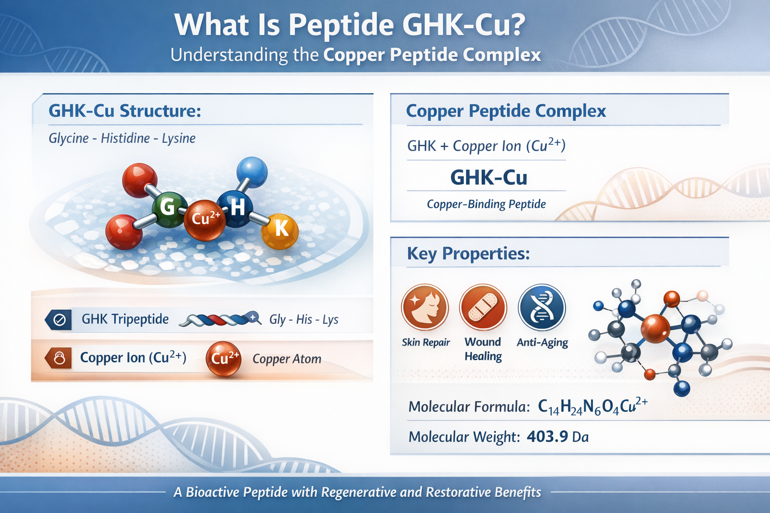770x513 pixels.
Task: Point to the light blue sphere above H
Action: pyautogui.click(x=252, y=172)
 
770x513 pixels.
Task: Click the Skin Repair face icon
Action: pyautogui.click(x=425, y=307)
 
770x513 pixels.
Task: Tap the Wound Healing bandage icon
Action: pyautogui.click(x=483, y=307)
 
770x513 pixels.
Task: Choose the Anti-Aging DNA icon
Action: pyautogui.click(x=541, y=307)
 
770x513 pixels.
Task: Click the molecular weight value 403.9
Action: pyautogui.click(x=547, y=437)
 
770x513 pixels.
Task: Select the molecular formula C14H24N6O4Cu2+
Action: pyautogui.click(x=592, y=406)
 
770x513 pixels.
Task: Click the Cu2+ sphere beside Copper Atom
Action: pyautogui.click(x=224, y=359)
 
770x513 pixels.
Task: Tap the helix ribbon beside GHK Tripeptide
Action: pyautogui.click(x=220, y=320)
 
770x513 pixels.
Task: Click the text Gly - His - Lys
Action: pyautogui.click(x=304, y=320)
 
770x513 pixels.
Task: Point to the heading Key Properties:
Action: pyautogui.click(x=468, y=253)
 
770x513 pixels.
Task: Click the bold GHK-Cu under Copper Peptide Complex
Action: pyautogui.click(x=488, y=178)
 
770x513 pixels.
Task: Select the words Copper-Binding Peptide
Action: pyautogui.click(x=486, y=204)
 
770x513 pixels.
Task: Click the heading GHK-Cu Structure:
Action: pyautogui.click(x=125, y=111)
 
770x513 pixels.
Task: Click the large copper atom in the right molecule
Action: pyautogui.click(x=655, y=329)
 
